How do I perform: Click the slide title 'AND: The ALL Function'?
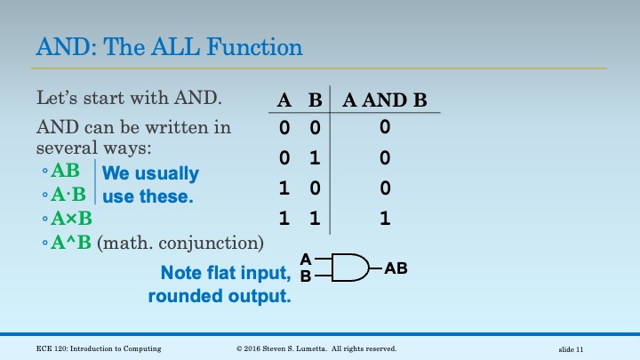pos(169,46)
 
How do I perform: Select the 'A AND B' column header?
pos(385,100)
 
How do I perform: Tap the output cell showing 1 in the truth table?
pos(385,217)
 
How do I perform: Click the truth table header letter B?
pos(314,100)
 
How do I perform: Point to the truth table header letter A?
pos(284,100)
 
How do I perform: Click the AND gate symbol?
pos(349,267)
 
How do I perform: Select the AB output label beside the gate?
pos(396,267)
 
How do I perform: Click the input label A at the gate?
pos(305,259)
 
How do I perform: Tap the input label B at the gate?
pos(305,276)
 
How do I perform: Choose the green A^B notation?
pos(71,242)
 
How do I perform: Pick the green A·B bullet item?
pos(68,195)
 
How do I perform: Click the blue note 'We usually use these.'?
pos(151,184)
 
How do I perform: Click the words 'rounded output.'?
pos(220,297)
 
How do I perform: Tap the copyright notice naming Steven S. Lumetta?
pos(316,348)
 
